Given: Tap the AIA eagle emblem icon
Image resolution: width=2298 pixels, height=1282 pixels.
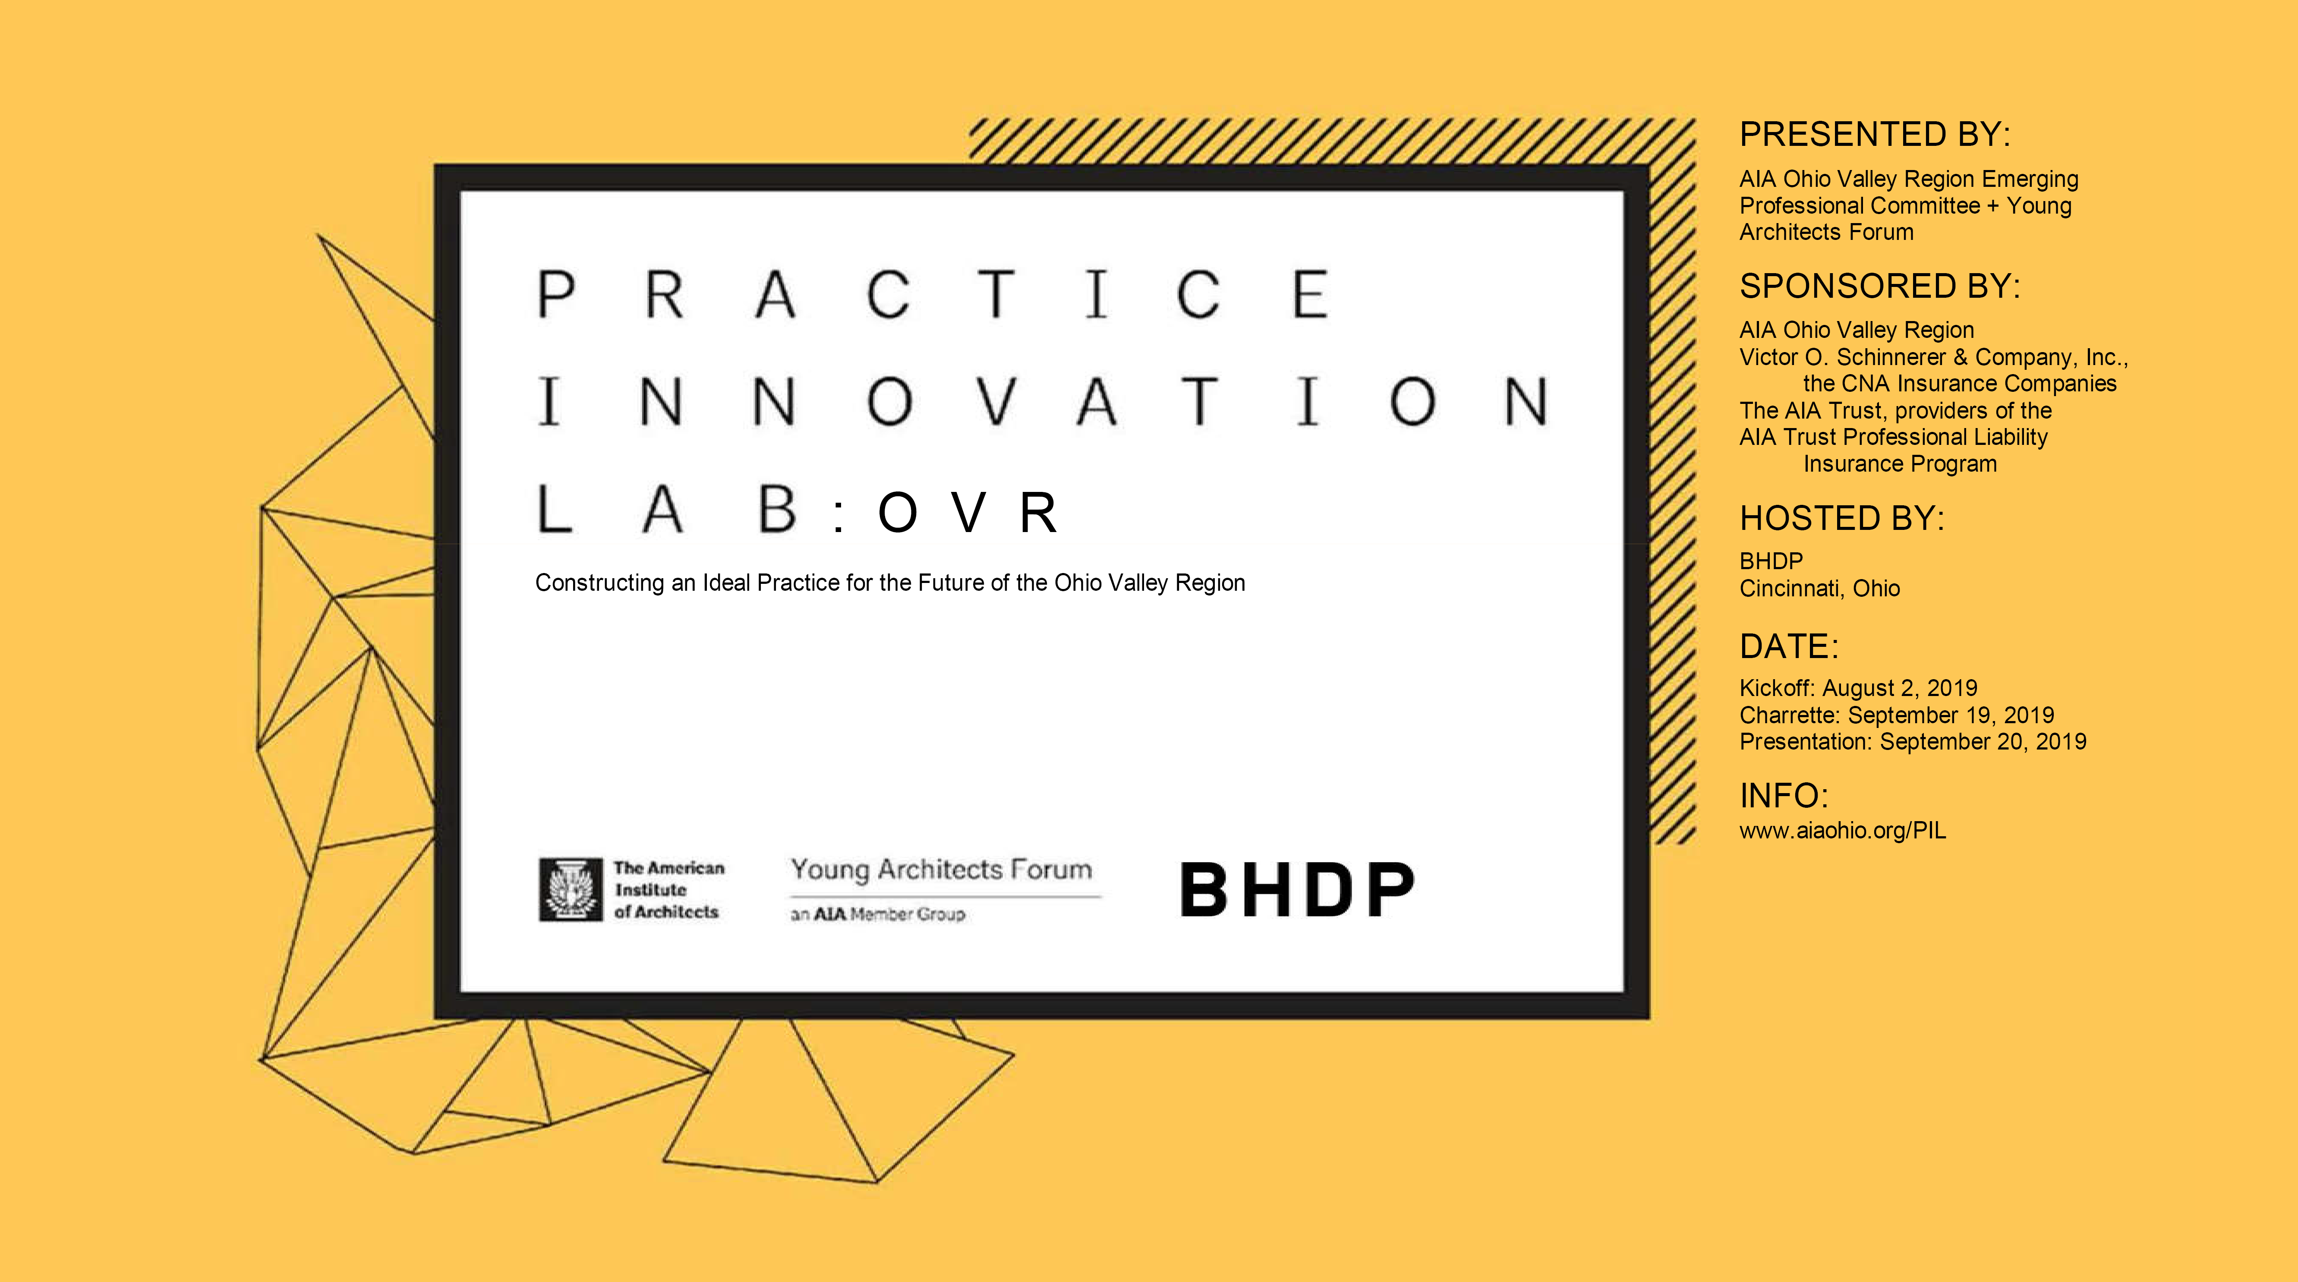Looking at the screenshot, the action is point(571,889).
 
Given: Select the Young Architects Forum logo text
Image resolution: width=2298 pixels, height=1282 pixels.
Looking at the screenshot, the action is point(941,870).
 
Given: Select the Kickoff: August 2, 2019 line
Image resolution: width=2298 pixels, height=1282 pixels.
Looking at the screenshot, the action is point(1858,688).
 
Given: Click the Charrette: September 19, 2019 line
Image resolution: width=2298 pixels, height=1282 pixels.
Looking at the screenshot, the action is point(1897,715).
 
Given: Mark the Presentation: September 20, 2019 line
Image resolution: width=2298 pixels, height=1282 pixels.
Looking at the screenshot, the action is point(1913,741).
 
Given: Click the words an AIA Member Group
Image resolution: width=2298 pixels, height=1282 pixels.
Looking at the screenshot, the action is point(878,914).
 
